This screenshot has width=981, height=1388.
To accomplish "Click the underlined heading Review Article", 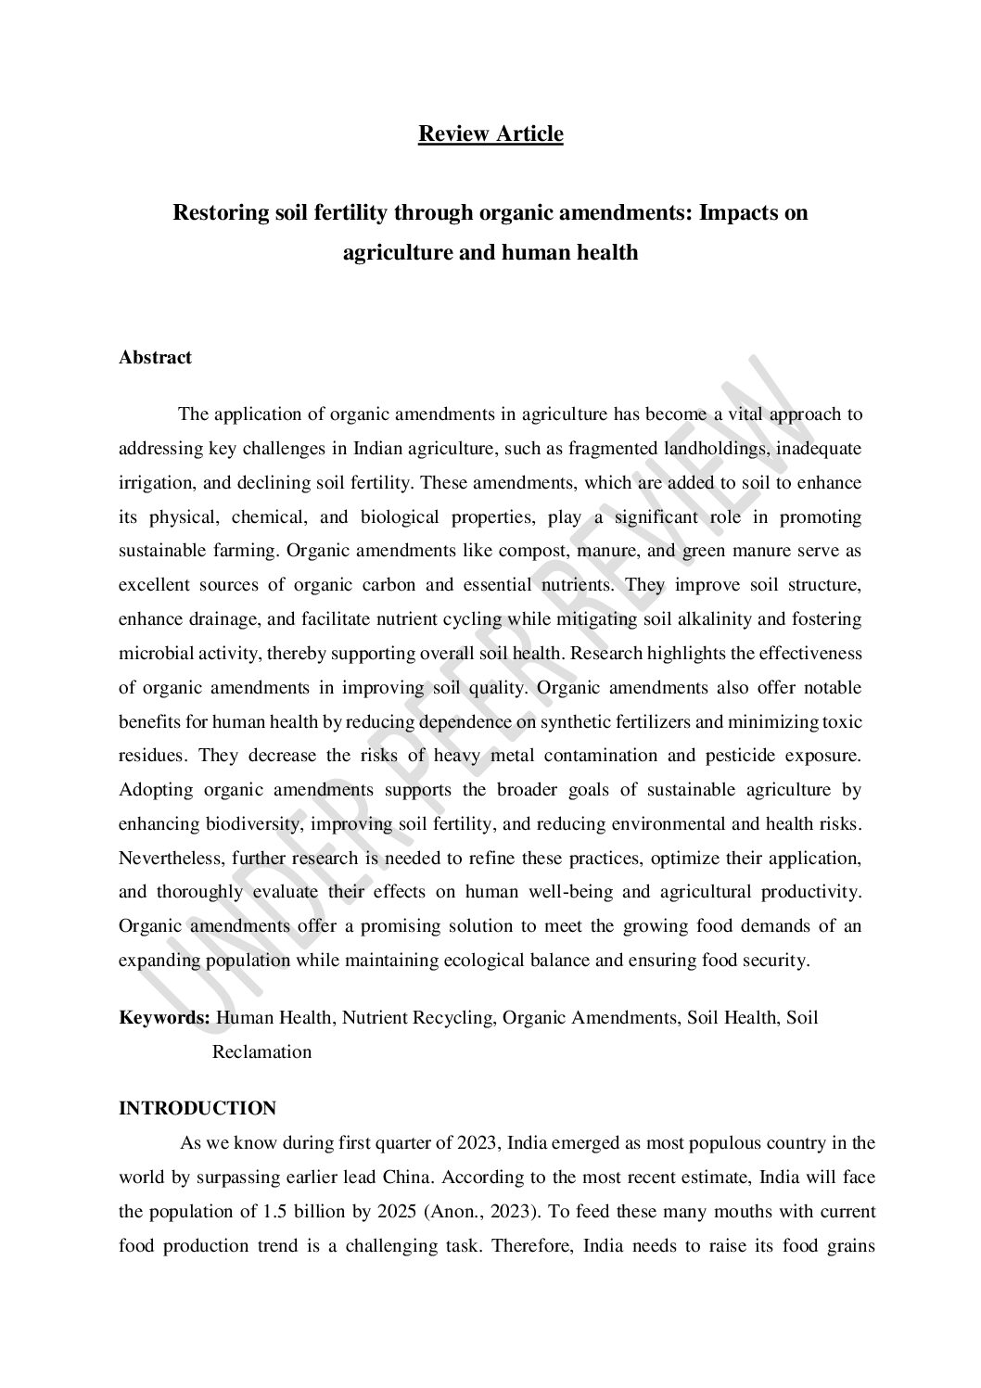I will click(490, 134).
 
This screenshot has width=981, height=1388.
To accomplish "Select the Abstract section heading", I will click(155, 358).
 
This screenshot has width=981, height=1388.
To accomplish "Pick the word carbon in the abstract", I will click(400, 585).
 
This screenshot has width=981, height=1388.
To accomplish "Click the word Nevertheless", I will click(170, 858).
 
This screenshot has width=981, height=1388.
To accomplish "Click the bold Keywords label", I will click(164, 1018).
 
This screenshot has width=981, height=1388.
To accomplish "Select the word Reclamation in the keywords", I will click(262, 1052).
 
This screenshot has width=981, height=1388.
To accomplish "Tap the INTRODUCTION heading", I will click(197, 1109).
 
